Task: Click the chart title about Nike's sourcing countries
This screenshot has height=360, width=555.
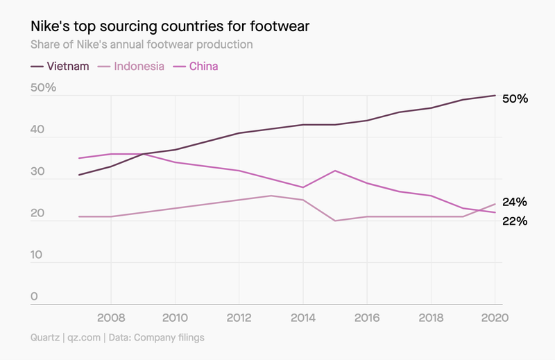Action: tap(170, 26)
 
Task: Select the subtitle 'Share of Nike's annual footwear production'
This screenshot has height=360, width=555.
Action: tap(141, 44)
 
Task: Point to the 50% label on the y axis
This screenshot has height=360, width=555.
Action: tap(44, 89)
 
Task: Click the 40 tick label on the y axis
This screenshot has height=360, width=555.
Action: tap(38, 130)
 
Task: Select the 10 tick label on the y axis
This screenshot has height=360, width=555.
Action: tap(38, 255)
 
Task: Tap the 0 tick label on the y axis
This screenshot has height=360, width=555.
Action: tap(35, 297)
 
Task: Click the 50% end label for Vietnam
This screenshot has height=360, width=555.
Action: tap(515, 98)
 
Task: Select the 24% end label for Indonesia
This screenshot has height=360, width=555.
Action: tap(515, 203)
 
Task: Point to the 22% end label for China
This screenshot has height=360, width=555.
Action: tap(515, 221)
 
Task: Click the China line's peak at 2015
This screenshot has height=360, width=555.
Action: tap(335, 171)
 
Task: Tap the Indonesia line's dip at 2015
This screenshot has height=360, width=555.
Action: tap(335, 221)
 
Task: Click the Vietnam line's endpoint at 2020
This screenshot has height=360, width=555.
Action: tap(495, 95)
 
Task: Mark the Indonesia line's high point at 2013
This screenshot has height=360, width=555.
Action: tap(271, 196)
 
